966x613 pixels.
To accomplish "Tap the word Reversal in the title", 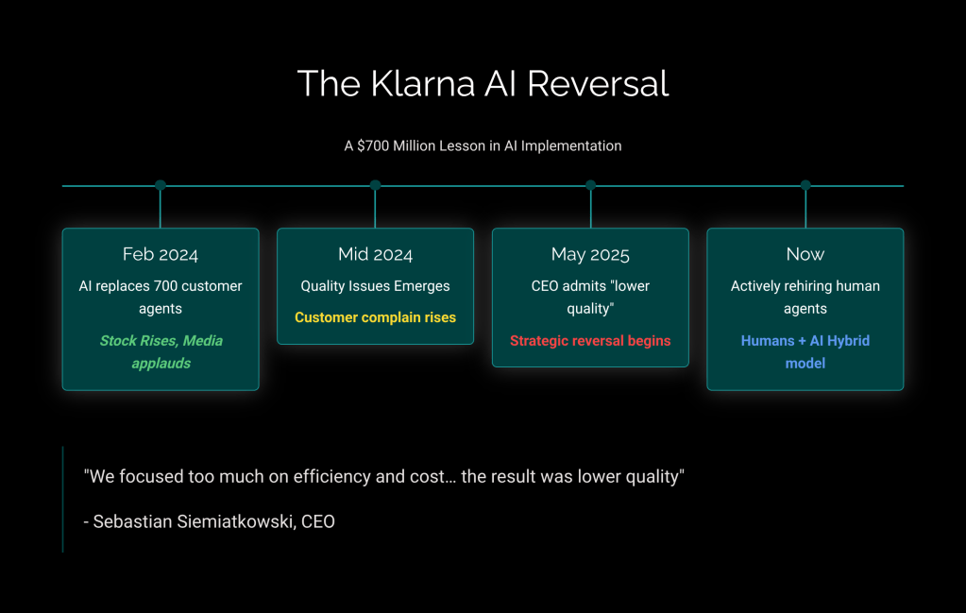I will (x=598, y=84).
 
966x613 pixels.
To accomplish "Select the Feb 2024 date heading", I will (x=161, y=254).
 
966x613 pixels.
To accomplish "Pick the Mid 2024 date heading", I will (x=375, y=254).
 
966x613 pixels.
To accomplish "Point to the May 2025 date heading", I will (x=590, y=254).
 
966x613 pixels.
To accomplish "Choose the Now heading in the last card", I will (x=805, y=254).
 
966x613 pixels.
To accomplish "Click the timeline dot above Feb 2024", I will (x=161, y=185).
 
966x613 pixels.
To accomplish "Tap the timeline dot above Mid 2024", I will (x=375, y=185).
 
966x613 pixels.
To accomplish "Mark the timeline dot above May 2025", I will (x=590, y=185).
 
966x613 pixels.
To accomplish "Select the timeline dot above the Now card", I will (x=805, y=185).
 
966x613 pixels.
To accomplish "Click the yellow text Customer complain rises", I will (x=375, y=317).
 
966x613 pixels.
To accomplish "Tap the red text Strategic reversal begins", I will (x=590, y=340).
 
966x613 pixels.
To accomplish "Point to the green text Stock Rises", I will (x=139, y=340).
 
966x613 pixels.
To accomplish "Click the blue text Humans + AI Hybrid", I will (x=805, y=340).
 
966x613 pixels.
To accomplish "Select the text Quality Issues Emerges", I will (x=375, y=286).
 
